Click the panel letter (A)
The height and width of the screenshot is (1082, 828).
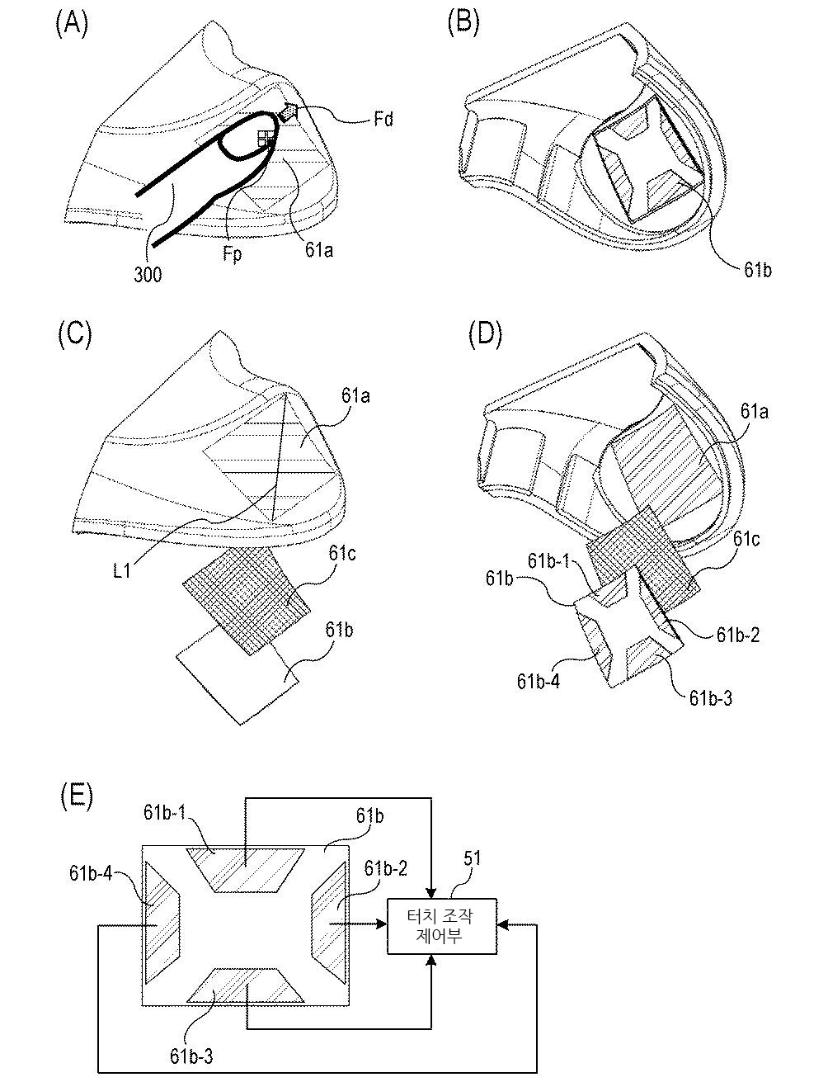click(72, 25)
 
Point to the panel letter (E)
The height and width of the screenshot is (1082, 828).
click(76, 796)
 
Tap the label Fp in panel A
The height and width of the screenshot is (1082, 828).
click(233, 254)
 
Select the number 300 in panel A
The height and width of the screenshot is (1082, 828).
click(148, 274)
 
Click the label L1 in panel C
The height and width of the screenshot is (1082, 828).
click(122, 570)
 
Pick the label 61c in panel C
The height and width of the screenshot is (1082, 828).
click(341, 553)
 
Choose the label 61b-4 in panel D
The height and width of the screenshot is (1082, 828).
click(538, 681)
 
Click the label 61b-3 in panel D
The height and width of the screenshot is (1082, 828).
click(711, 698)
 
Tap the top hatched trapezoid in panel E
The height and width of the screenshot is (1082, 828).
click(245, 869)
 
